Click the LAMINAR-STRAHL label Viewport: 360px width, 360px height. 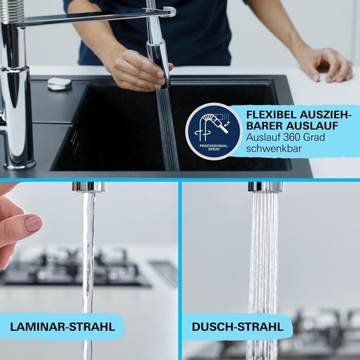coord(62,327)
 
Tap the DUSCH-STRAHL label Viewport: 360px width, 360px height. coord(237,327)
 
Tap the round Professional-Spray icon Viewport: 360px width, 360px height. coord(213,131)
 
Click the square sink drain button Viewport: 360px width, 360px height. coord(59,83)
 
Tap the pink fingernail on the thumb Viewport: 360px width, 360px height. coord(33,223)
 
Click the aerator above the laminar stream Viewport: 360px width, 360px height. coord(89,186)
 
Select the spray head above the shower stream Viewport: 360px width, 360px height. coord(265,186)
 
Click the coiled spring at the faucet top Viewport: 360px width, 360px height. coord(12,10)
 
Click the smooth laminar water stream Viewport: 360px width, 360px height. coord(88,257)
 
